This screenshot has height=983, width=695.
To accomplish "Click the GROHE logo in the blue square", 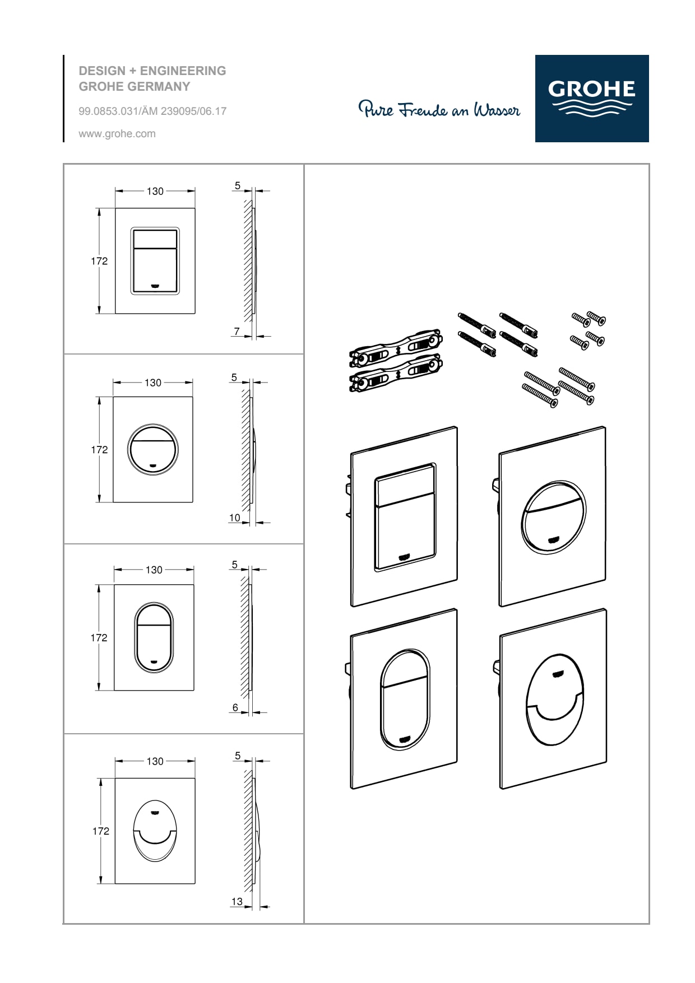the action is tap(592, 98).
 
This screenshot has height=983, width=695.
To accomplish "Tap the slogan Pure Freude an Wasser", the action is tap(439, 109).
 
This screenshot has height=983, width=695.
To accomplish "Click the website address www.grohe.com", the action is tap(117, 134).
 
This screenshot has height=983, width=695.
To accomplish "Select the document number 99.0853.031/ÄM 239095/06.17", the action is tap(152, 111).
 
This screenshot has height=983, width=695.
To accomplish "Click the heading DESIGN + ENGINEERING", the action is tap(152, 71).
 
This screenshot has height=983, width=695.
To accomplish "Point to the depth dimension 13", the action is tap(237, 901).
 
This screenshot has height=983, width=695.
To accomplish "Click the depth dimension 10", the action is tap(234, 518).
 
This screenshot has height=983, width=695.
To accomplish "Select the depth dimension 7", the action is tap(237, 331).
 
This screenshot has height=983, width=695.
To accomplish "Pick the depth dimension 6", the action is tap(235, 707).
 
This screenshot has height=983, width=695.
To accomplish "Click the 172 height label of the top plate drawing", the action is tap(99, 261).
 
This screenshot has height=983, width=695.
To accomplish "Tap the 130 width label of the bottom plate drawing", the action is tap(155, 761).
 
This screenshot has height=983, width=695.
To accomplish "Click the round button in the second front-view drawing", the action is tap(153, 449).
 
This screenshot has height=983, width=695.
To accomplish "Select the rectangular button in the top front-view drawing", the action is tap(155, 260).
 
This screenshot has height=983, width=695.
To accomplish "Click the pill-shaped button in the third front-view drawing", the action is tap(154, 637).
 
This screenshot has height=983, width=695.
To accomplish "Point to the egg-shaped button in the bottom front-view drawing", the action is tap(155, 831).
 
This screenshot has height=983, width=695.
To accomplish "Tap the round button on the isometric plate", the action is tap(553, 517).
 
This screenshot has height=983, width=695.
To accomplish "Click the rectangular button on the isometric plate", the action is tap(405, 517).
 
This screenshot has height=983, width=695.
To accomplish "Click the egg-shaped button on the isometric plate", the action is tap(554, 700).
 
